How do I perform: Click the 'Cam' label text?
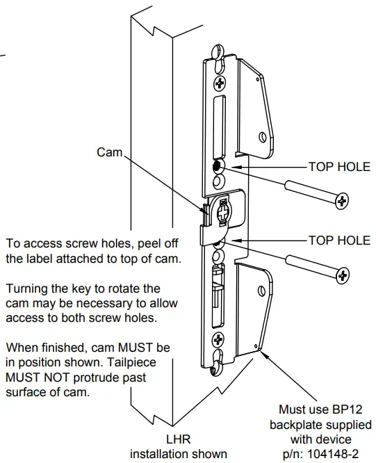click(109, 152)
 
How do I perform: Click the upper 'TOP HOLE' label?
click(339, 168)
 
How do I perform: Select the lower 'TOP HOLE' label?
click(339, 241)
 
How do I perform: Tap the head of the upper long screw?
click(341, 201)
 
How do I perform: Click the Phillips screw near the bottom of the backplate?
click(220, 340)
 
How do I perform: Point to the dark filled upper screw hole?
click(218, 167)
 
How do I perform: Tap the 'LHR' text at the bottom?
click(179, 439)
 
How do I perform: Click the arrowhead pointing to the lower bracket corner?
click(264, 352)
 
